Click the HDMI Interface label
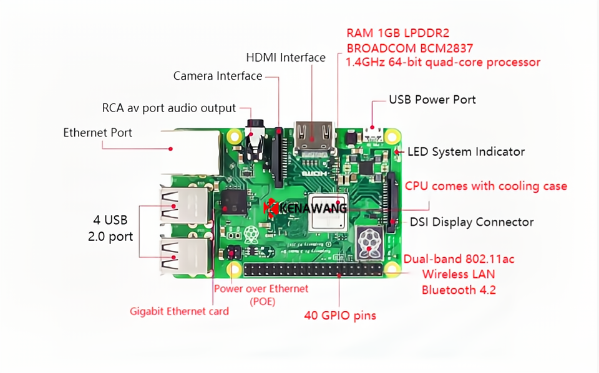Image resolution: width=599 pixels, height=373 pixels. pos(286,57)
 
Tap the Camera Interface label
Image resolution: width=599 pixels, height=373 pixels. pos(217,76)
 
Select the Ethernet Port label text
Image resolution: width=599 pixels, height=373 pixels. pos(97,133)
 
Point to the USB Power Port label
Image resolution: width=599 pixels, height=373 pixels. pos(432,100)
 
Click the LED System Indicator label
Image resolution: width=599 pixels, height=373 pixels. pos(465,151)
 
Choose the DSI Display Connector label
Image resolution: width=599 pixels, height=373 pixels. pos(472,222)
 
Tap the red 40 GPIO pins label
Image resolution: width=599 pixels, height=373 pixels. pos(340,316)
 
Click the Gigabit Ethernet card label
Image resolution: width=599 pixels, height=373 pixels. pos(179,311)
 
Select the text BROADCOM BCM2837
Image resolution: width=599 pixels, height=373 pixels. pos(409,47)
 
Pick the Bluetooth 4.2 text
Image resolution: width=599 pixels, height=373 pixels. pos(459,290)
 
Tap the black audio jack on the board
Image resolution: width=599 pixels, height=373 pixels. pos(255,140)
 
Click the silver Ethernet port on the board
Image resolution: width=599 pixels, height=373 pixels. pos(188,149)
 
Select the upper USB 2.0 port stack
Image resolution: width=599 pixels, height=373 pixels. pos(183,205)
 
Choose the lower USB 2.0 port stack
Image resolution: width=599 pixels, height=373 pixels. pos(183,255)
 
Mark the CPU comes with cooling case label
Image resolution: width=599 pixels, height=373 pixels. pos(486,186)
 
